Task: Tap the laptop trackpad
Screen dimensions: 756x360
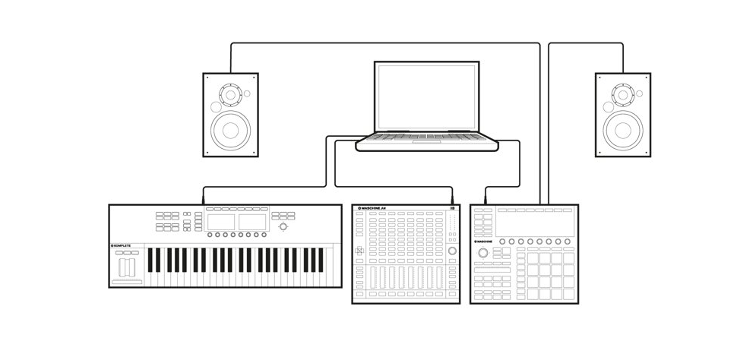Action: pyautogui.click(x=427, y=141)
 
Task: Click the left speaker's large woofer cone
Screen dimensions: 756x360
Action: pyautogui.click(x=229, y=129)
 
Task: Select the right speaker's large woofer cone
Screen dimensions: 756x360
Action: pyautogui.click(x=622, y=129)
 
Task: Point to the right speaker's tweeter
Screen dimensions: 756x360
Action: pyautogui.click(x=622, y=95)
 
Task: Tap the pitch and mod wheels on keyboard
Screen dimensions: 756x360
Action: pyautogui.click(x=127, y=267)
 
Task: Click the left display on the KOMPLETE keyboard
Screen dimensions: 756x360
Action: pyautogui.click(x=221, y=222)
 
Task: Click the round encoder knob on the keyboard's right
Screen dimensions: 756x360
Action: pyautogui.click(x=283, y=227)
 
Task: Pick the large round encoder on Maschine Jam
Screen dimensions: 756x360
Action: pyautogui.click(x=454, y=251)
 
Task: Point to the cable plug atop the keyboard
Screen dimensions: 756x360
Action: pyautogui.click(x=203, y=200)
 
